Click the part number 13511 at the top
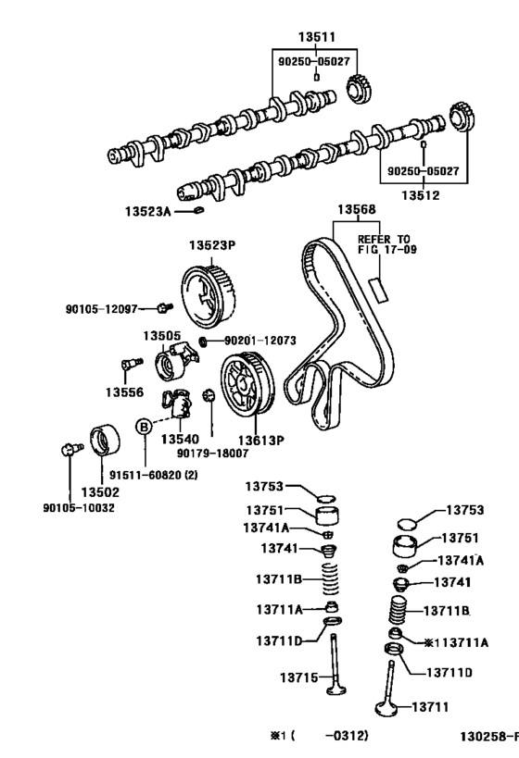(x=316, y=37)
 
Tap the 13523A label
(x=148, y=212)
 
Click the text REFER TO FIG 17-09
(x=384, y=244)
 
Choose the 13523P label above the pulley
(x=213, y=246)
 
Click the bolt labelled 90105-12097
(x=163, y=307)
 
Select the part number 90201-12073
(x=259, y=341)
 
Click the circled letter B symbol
(x=145, y=427)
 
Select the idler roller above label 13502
(x=104, y=442)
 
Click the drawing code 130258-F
(x=489, y=737)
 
